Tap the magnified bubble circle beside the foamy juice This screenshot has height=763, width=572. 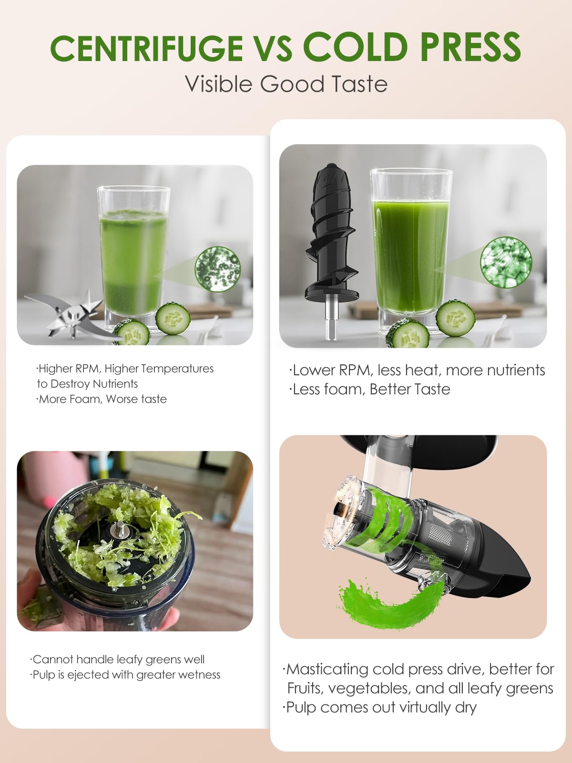pyautogui.click(x=218, y=269)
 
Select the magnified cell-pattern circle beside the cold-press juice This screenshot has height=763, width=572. pyautogui.click(x=506, y=262)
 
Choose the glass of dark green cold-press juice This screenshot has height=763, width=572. pyautogui.click(x=410, y=248)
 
